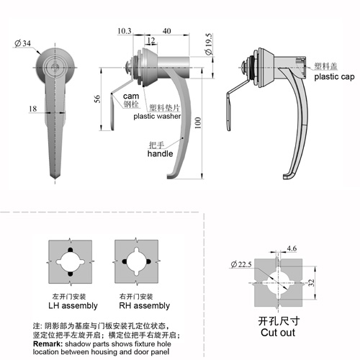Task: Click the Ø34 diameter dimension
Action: pos(23,43)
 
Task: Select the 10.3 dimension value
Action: pos(125,31)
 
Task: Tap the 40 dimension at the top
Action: pos(167,31)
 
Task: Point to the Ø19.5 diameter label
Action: pos(209,44)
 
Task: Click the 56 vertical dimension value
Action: pos(97,99)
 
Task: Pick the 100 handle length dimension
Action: pos(198,123)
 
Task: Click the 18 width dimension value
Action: pos(33,109)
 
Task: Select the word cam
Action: pos(131,96)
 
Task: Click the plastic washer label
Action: pos(157,116)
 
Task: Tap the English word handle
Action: pos(160,153)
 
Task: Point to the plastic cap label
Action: pos(334,77)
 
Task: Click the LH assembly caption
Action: pos(73,305)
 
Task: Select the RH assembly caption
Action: pos(145,305)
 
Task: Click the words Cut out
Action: pos(278,333)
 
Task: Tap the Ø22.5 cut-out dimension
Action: pos(241,264)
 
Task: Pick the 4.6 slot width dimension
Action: pos(292,248)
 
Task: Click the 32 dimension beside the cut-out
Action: pos(311,283)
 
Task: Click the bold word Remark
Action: pos(48,343)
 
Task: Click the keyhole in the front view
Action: pos(55,66)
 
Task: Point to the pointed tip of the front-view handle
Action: pos(55,178)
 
